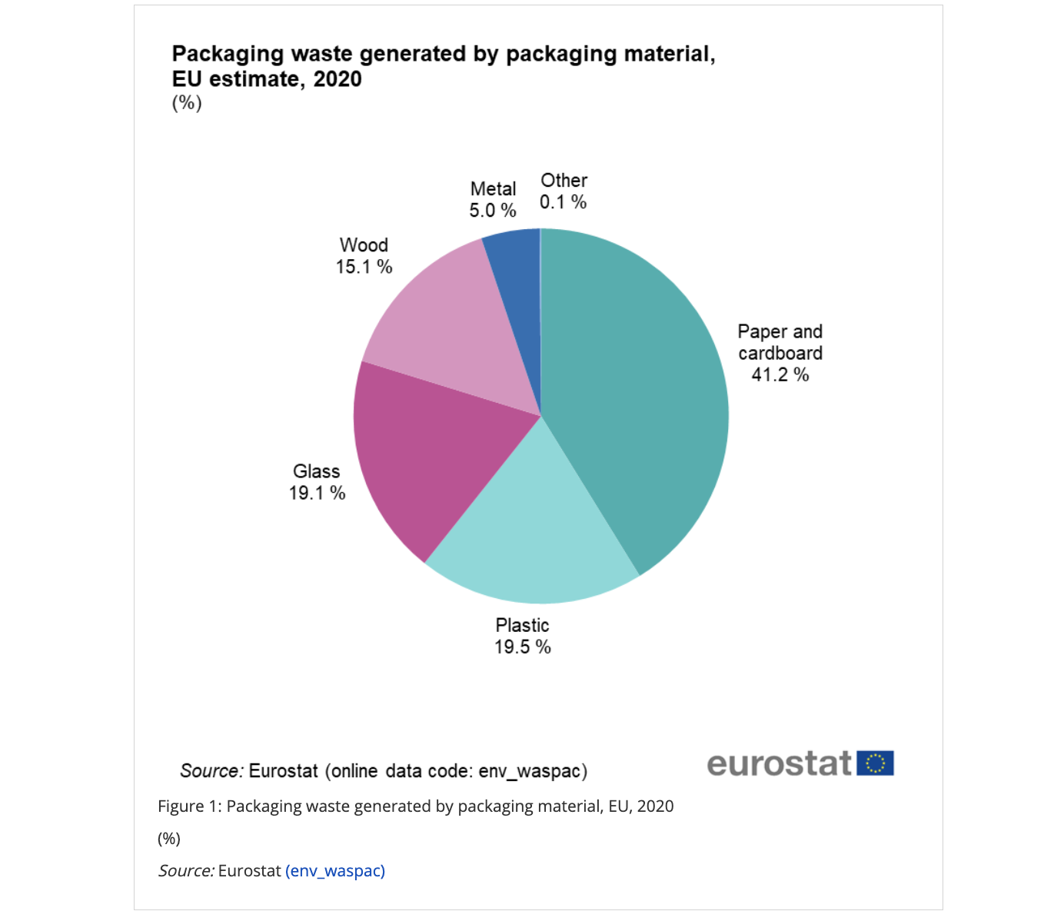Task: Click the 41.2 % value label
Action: [780, 375]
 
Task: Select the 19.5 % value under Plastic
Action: [522, 647]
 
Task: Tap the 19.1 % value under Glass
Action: [317, 494]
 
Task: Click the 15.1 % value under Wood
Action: [364, 267]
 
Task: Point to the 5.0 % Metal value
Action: [492, 211]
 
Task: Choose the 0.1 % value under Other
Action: [563, 202]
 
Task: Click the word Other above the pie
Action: [564, 181]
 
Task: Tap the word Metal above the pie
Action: [493, 189]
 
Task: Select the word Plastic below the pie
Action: [522, 626]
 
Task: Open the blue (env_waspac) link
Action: [335, 871]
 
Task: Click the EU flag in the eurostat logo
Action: [875, 763]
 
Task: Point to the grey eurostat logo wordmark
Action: [779, 764]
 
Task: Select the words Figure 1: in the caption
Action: [189, 806]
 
